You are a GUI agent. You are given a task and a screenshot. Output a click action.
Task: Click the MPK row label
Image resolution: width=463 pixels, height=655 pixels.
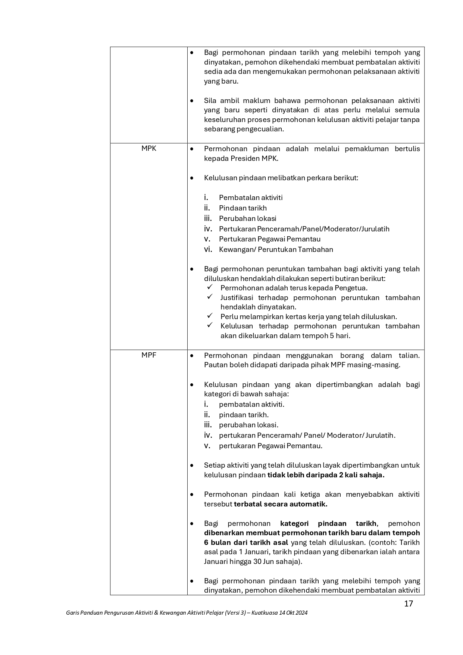(x=148, y=149)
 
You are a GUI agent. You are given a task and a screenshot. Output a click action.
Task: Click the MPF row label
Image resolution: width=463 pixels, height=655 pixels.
(x=148, y=355)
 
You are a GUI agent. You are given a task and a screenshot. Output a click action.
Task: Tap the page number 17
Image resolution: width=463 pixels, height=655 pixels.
(x=409, y=603)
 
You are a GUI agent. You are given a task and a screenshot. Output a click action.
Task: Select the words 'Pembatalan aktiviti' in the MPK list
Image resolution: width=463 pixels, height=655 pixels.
(x=251, y=198)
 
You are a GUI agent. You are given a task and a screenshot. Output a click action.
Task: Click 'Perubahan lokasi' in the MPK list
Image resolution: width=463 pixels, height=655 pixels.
(x=247, y=218)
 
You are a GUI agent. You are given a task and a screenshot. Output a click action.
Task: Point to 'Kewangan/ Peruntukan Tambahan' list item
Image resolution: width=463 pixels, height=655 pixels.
(x=276, y=249)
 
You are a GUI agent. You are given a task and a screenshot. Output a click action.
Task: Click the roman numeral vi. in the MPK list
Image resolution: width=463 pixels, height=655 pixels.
(x=208, y=249)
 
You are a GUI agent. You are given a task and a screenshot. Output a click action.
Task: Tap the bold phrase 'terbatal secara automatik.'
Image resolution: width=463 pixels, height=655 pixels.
(x=281, y=504)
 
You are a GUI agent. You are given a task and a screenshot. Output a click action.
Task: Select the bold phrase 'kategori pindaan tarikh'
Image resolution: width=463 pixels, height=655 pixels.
(x=328, y=524)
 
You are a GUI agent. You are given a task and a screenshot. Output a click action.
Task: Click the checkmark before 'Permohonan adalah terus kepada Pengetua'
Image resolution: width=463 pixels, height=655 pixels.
(x=210, y=287)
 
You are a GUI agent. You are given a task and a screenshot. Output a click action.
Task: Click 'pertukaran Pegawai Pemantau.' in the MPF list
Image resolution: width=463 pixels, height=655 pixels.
(x=270, y=446)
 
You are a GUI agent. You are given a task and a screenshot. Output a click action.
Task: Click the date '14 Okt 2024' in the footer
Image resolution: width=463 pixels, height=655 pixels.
(x=293, y=613)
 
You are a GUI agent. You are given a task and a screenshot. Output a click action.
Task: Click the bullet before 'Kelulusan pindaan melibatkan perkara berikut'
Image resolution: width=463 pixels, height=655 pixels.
(x=192, y=178)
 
